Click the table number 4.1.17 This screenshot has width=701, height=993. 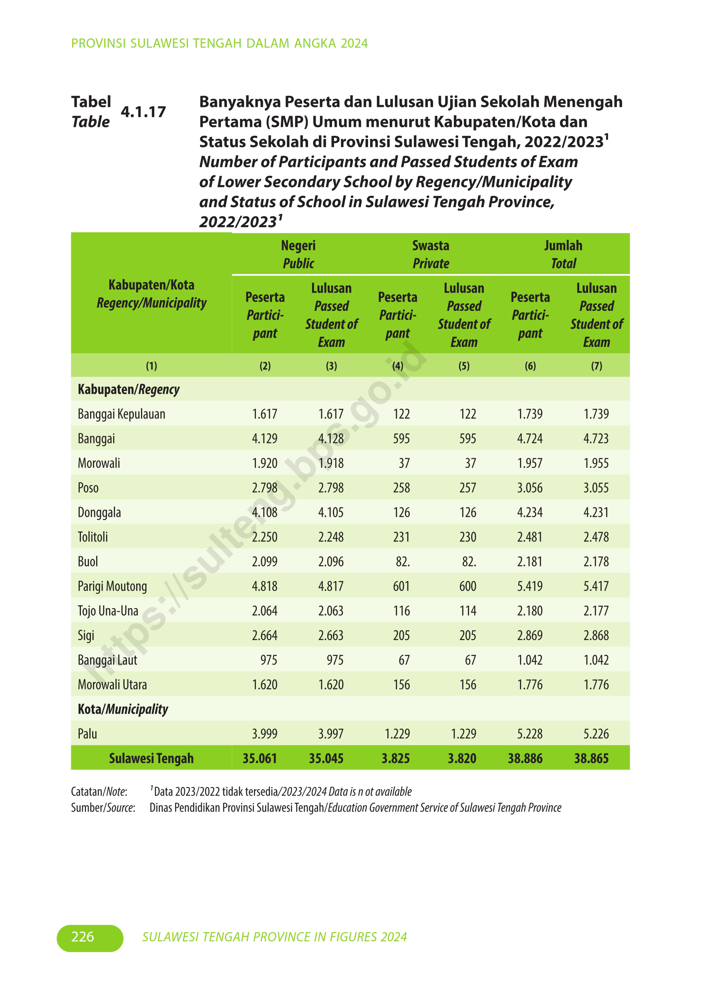[143, 112]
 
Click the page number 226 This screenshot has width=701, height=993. [83, 937]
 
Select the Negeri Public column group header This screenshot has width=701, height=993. [298, 254]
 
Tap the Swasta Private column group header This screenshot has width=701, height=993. [431, 254]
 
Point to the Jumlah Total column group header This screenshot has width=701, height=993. [563, 254]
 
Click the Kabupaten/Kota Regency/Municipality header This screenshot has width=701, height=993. [151, 294]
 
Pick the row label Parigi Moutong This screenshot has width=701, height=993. [113, 586]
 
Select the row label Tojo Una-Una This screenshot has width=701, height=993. [108, 611]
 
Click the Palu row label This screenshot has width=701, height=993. [87, 733]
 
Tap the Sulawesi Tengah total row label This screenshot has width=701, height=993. [151, 758]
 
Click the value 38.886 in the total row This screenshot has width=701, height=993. [525, 758]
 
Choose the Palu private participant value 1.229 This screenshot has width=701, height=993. [397, 733]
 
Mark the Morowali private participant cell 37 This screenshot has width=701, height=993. [404, 463]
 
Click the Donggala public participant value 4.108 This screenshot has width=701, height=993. [265, 512]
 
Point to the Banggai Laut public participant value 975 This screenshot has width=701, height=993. [268, 660]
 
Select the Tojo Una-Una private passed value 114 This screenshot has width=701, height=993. [467, 611]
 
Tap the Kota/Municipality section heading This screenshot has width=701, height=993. [123, 709]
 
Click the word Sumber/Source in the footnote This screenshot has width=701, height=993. [103, 808]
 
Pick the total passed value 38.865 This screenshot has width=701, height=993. [591, 758]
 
